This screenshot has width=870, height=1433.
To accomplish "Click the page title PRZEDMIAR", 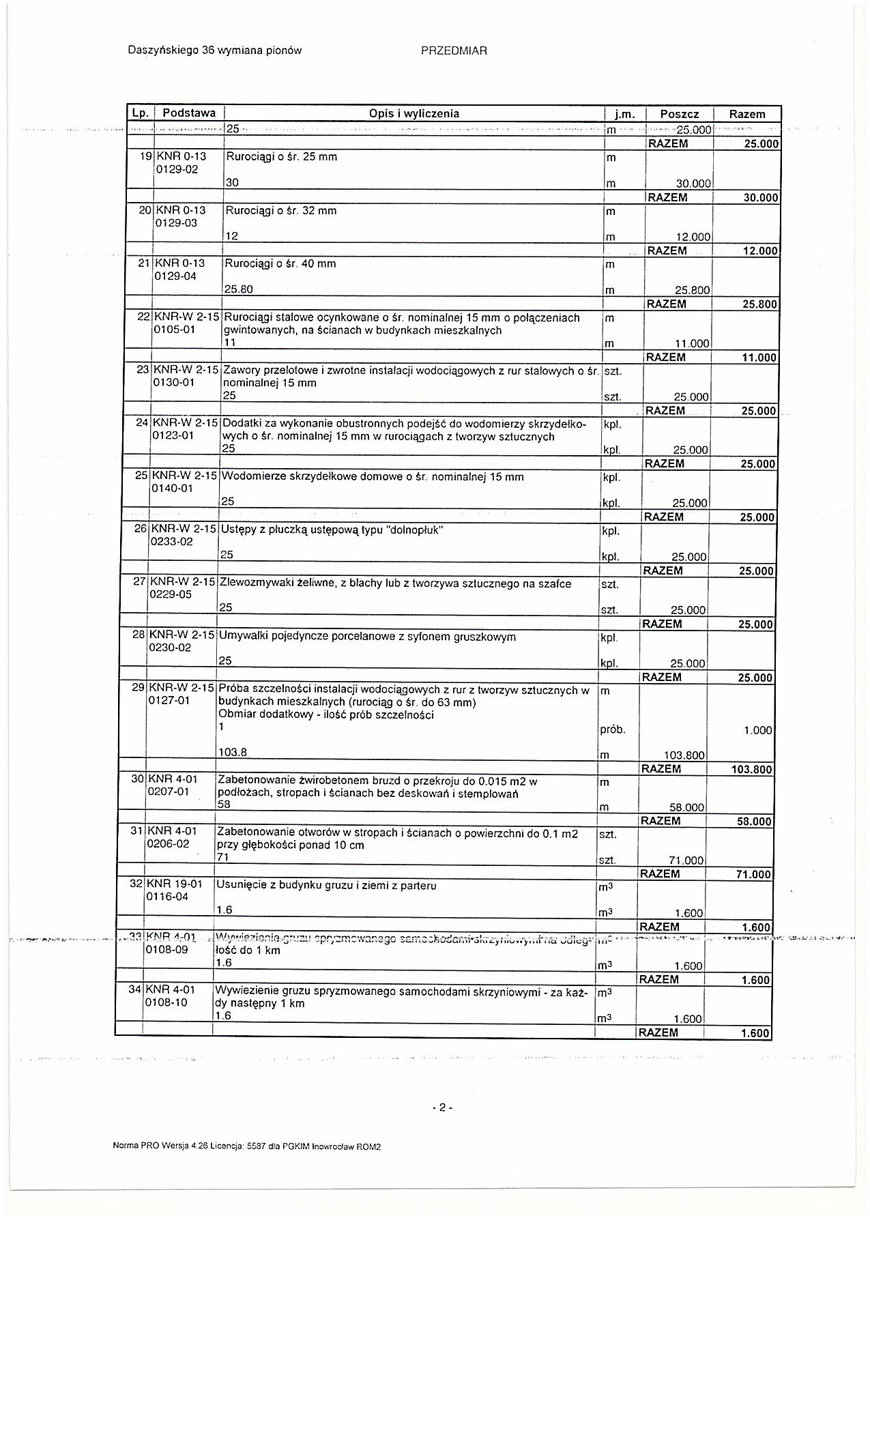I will [x=454, y=50].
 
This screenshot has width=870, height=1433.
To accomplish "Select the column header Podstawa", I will [x=189, y=113].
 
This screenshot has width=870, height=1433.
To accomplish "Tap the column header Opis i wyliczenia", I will [x=414, y=114].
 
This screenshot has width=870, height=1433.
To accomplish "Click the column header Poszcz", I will [x=679, y=115].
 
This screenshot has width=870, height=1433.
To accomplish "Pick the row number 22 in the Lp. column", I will [x=143, y=317].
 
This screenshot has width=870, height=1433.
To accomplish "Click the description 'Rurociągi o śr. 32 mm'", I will [x=281, y=211].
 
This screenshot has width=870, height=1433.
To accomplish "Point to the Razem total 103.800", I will [x=751, y=769].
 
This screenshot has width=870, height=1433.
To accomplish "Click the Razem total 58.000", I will [x=754, y=822].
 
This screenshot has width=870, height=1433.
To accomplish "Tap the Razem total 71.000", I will [x=754, y=875].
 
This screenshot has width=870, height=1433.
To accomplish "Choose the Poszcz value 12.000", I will [x=693, y=237].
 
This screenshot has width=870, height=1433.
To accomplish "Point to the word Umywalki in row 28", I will [x=239, y=637].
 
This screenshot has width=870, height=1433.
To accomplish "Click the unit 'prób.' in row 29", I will [x=612, y=730].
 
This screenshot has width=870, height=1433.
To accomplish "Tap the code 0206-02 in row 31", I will [x=168, y=843].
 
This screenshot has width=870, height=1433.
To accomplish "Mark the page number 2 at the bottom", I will [x=441, y=1108].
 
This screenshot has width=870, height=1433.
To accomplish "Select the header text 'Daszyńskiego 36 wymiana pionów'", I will [x=214, y=50].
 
